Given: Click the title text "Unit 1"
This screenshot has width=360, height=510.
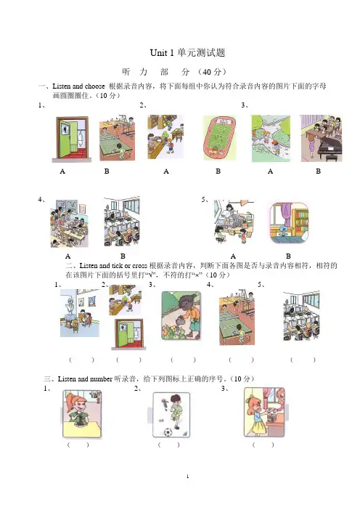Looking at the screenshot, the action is click(x=162, y=53).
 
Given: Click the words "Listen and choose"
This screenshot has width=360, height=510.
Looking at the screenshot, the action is click(x=78, y=86).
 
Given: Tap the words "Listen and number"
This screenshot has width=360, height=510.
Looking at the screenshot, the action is click(x=85, y=379).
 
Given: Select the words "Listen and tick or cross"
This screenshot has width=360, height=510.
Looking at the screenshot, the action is click(x=113, y=265).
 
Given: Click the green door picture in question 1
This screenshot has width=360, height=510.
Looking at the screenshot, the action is click(x=71, y=139).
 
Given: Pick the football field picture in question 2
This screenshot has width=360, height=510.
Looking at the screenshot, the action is click(x=219, y=138).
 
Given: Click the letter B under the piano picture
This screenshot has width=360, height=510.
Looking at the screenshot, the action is click(x=319, y=171).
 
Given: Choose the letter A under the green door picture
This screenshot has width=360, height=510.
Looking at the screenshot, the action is click(x=62, y=171).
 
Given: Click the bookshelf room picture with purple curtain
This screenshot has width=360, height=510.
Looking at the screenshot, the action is click(x=289, y=223).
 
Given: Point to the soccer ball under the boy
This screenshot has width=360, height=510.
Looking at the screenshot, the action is click(x=168, y=432).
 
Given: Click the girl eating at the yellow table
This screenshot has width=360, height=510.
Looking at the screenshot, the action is click(x=81, y=414).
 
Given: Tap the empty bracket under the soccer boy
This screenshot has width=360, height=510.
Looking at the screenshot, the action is click(x=168, y=445).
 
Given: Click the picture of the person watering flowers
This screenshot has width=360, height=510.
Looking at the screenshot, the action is click(x=181, y=315).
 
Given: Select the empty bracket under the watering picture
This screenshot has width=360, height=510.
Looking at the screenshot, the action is click(x=183, y=360).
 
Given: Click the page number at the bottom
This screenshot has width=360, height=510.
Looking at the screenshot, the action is click(x=187, y=477).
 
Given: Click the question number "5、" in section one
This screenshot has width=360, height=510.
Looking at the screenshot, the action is click(x=205, y=199).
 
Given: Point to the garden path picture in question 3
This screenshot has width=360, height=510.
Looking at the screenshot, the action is click(x=271, y=139).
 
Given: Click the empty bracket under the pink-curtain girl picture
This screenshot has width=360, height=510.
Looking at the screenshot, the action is click(x=263, y=445).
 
